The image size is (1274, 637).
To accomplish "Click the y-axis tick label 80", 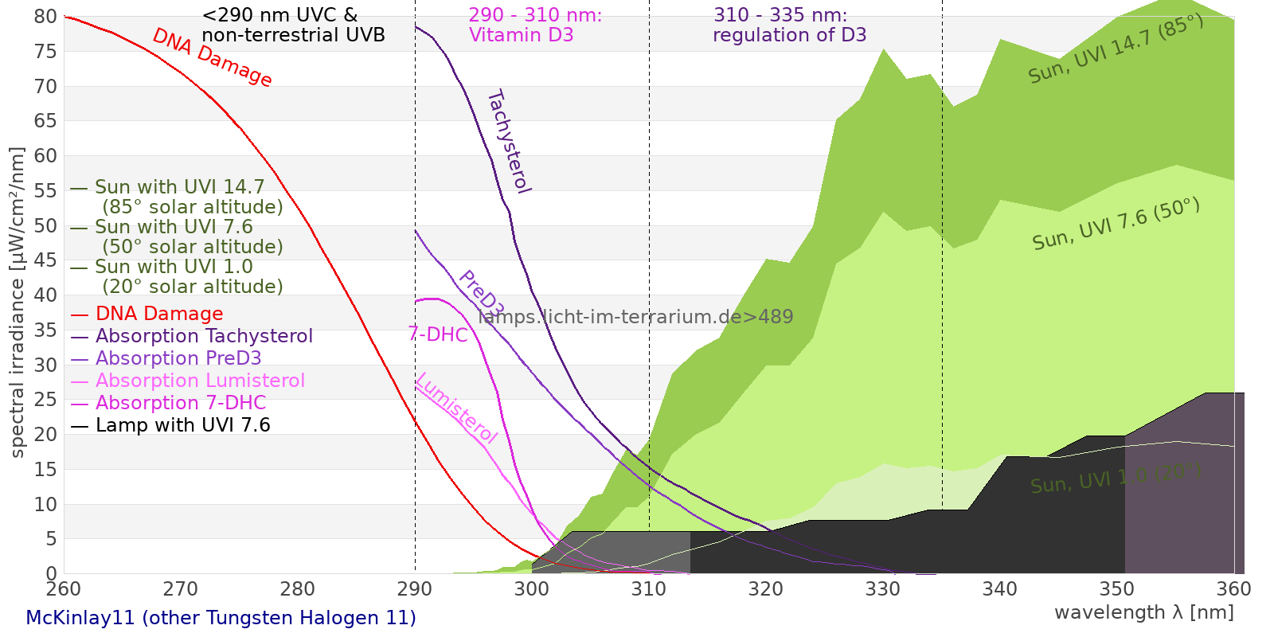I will (45, 17).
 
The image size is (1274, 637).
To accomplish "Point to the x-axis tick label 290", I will (414, 589).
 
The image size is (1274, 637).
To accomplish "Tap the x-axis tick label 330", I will (882, 589).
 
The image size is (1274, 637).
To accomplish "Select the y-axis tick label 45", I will (45, 260).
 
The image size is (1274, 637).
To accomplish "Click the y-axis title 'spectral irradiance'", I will (18, 302).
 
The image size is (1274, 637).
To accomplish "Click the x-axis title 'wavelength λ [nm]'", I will (1143, 612).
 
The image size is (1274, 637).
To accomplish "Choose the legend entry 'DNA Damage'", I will (158, 314).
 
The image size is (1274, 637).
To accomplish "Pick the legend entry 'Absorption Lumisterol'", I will (199, 381).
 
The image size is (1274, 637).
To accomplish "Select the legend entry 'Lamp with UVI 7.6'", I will (182, 425).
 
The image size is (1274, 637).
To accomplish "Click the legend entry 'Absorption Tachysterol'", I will (203, 336).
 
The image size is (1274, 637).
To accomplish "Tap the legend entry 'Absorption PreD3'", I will (178, 358).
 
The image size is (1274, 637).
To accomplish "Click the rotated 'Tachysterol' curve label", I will (509, 142).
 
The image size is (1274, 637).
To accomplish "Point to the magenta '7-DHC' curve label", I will (438, 334).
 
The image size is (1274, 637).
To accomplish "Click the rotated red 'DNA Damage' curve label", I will (212, 57).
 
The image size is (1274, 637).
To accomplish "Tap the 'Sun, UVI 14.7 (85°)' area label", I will (1116, 49).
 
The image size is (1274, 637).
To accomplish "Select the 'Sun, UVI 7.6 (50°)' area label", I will (1116, 225).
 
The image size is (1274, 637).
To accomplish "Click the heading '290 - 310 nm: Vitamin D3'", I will (535, 25).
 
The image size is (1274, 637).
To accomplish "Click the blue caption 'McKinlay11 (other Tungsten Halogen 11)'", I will (221, 618).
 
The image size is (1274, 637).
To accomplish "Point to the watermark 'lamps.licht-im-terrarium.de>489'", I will (635, 317).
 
